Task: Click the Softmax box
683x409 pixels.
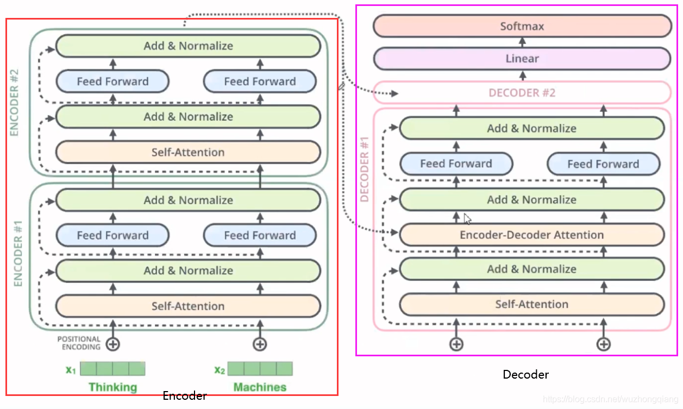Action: [522, 26]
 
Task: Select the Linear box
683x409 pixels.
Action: [522, 58]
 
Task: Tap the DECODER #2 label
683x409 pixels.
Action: [522, 93]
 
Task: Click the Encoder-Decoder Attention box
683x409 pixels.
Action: [532, 235]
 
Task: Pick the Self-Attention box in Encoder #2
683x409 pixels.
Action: [188, 152]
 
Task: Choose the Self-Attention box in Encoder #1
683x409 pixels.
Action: [188, 306]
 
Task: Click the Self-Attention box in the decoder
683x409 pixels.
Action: [532, 304]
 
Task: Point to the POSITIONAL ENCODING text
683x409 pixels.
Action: [79, 343]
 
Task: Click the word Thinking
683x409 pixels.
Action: [113, 387]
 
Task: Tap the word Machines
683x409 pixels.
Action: [260, 387]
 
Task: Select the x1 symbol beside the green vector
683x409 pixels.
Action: [71, 370]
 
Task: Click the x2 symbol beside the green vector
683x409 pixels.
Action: [220, 370]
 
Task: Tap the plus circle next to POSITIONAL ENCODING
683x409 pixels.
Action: [113, 344]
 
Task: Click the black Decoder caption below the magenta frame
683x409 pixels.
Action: [525, 375]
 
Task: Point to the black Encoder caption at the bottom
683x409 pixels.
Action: [185, 396]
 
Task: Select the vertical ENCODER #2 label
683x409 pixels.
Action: [14, 103]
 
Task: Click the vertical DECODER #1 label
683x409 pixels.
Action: [365, 169]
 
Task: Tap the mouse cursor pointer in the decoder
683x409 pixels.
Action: [467, 219]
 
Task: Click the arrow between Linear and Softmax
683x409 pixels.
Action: [522, 42]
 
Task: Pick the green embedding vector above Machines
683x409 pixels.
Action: [260, 369]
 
